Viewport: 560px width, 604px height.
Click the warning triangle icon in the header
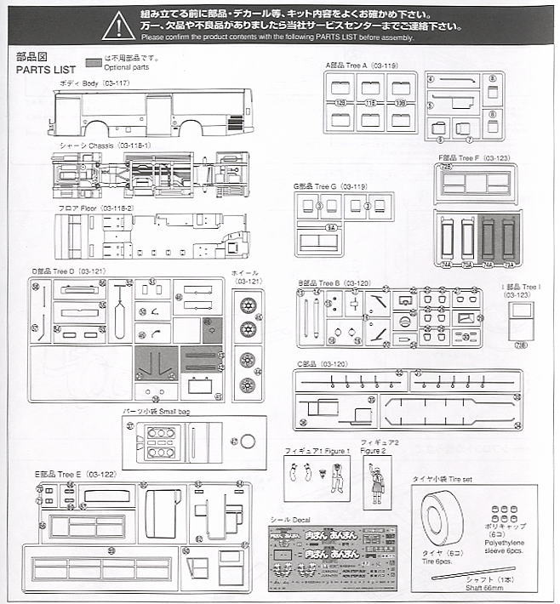coord(118,26)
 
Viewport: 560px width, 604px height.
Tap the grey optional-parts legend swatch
coord(93,62)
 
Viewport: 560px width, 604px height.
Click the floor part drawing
coord(151,236)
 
